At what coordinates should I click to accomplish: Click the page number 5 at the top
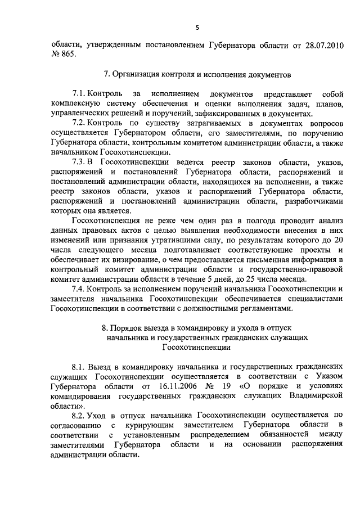(197, 26)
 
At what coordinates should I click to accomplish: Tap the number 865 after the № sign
(74, 56)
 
